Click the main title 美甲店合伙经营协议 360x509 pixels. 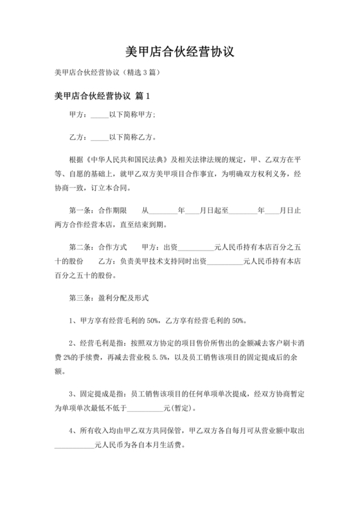coord(180,51)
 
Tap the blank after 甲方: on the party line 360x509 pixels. coord(100,116)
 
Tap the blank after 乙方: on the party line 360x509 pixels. coord(100,137)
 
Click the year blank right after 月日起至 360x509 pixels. coord(242,210)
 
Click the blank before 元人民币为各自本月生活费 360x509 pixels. coord(75,443)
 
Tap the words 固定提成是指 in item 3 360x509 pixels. coord(101,393)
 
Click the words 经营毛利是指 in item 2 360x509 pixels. coord(101,341)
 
